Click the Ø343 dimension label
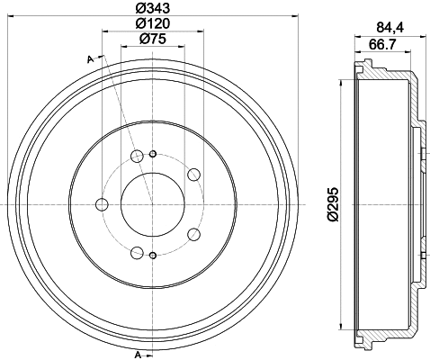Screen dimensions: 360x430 pos(153,8)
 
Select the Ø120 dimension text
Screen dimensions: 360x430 pos(153,22)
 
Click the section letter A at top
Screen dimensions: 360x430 pos(91,58)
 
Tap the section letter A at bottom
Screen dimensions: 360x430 pos(137,353)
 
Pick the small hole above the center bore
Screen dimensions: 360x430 pos(152,153)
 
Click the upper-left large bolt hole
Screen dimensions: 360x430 pos(137,157)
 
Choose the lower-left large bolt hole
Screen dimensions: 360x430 pos(137,252)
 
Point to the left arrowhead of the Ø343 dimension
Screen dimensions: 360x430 pos(13,15)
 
